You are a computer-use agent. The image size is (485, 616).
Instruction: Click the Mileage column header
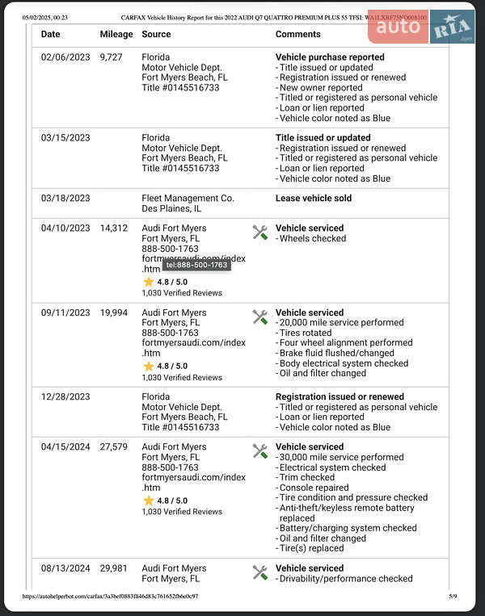point(116,34)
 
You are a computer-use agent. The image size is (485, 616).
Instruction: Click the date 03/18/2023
point(65,198)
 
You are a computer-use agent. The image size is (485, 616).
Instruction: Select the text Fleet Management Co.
point(188,198)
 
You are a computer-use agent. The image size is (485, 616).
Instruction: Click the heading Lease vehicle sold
point(314,198)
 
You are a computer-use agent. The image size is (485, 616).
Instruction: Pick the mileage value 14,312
point(114,228)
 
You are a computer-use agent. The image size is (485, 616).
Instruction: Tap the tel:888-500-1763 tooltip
point(197,265)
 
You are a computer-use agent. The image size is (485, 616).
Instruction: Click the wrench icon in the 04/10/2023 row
point(259,233)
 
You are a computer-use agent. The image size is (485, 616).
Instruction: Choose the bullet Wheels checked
point(312,239)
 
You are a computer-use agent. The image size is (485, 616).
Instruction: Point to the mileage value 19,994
point(114,312)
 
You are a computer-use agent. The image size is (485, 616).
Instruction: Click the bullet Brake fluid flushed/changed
point(336,354)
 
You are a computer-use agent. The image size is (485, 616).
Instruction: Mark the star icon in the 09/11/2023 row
point(149,366)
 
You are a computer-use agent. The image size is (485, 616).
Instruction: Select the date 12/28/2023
point(65,397)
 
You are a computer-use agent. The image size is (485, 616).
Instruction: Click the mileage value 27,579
point(114,446)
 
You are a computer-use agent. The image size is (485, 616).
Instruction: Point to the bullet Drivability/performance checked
point(345,579)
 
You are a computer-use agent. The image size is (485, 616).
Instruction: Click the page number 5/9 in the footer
point(453,597)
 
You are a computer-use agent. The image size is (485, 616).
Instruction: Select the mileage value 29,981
point(114,568)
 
